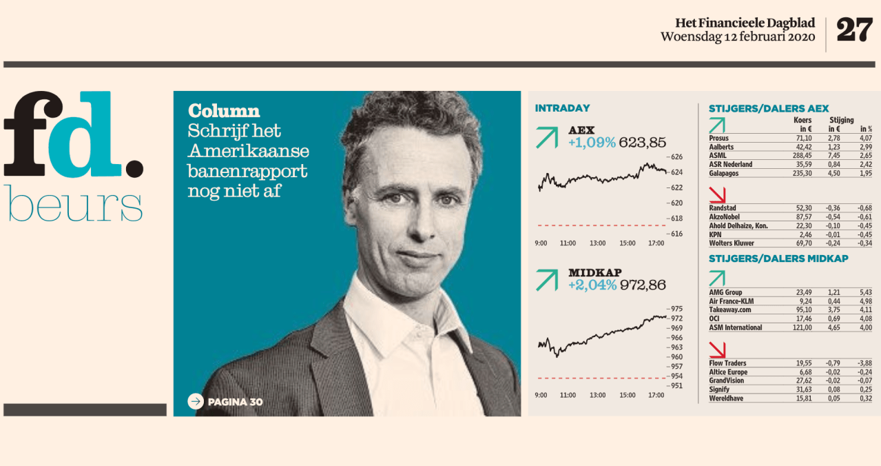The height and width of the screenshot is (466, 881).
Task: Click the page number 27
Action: point(854,30)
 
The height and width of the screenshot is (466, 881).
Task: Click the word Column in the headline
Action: point(224,111)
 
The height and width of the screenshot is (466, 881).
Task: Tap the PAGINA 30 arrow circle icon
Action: point(196,401)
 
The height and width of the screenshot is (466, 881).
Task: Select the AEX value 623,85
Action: point(643,143)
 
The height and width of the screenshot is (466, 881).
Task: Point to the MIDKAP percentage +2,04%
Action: point(592,285)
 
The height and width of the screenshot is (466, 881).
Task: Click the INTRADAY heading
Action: point(562,108)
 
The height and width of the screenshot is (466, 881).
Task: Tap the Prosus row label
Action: point(718,139)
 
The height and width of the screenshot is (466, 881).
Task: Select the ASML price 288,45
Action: point(800,156)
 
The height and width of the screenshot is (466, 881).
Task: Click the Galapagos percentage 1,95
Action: point(864,173)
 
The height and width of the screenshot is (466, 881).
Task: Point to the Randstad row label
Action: point(722,208)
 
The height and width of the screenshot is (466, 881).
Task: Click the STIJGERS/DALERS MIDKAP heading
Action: point(778,259)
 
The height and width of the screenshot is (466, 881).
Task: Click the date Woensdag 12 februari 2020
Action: point(738,37)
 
